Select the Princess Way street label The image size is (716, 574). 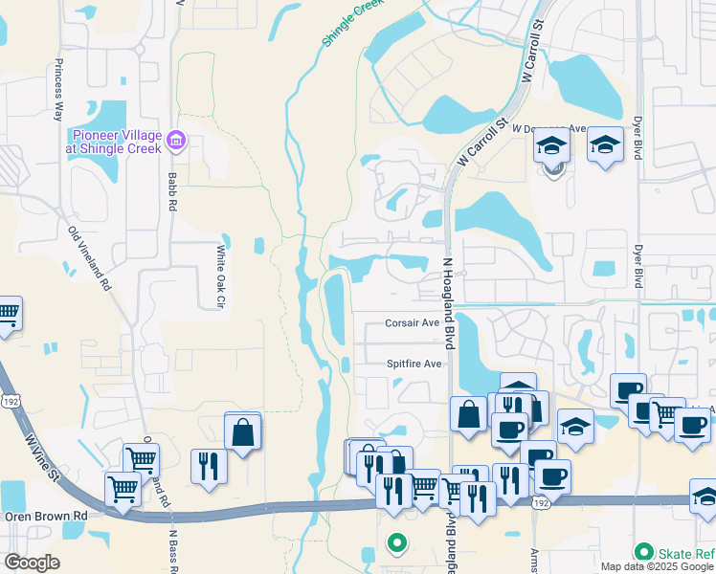(58, 89)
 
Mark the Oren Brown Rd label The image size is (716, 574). (44, 515)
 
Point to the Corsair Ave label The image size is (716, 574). (412, 323)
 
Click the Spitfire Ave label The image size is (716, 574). (414, 364)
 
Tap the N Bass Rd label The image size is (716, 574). (173, 550)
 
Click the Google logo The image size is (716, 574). (32, 563)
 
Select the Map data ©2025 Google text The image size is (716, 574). (657, 566)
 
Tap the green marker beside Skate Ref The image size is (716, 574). (644, 552)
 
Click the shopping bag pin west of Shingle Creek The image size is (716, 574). (243, 431)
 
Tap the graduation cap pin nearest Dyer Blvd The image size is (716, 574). (604, 144)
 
